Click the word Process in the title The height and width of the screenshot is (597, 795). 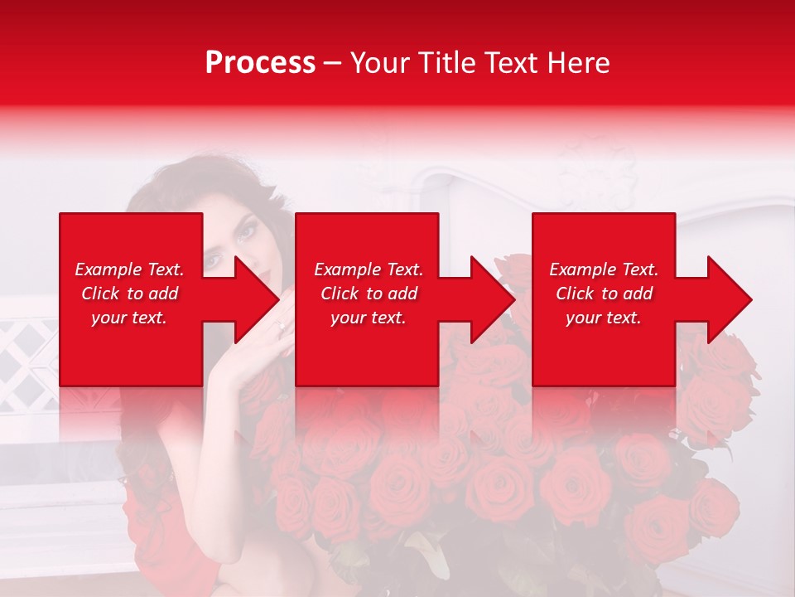click(260, 63)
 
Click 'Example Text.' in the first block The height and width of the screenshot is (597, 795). click(129, 269)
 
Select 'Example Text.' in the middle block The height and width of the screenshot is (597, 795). click(369, 269)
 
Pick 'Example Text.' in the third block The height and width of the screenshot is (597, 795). click(604, 269)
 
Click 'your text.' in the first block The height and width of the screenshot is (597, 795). click(129, 318)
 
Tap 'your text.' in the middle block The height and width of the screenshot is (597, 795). click(369, 318)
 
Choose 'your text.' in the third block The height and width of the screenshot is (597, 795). click(604, 318)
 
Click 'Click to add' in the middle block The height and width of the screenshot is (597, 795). click(369, 294)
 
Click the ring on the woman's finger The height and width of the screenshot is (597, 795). click(282, 326)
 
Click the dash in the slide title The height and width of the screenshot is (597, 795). click(332, 64)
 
